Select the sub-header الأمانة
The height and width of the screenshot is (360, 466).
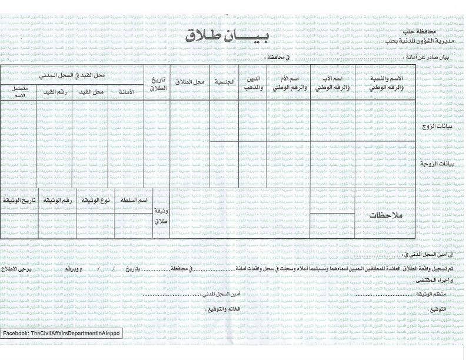coord(127,92)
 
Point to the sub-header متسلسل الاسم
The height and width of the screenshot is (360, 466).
coord(19,91)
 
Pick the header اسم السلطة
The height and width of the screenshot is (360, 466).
coord(134,201)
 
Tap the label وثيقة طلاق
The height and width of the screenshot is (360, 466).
coord(160,217)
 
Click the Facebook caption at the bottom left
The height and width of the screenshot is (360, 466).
coord(61,334)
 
